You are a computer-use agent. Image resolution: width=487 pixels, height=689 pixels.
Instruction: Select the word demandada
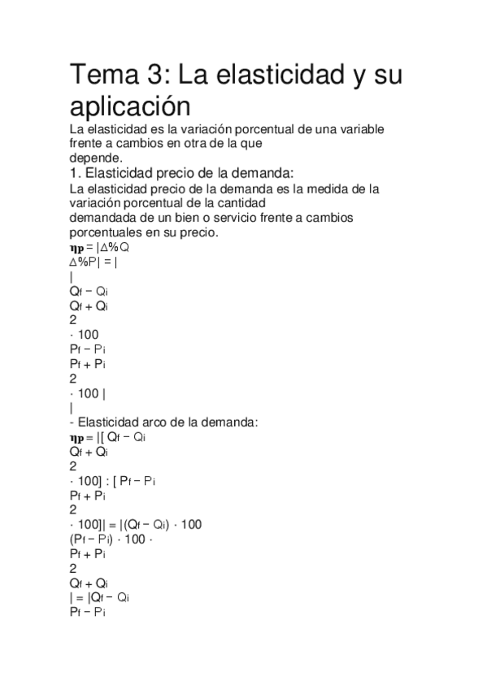(x=102, y=218)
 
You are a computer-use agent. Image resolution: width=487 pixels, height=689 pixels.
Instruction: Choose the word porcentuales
(x=107, y=232)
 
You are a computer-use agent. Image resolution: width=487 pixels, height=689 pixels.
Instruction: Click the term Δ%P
(x=84, y=262)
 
